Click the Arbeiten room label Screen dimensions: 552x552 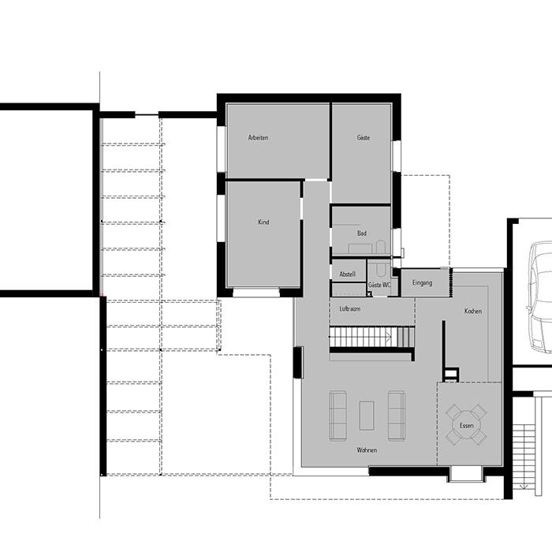point(258,138)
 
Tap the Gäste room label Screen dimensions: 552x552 point(364,138)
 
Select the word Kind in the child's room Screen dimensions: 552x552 point(263,222)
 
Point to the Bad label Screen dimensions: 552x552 point(361,233)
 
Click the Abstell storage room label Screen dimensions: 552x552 point(347,274)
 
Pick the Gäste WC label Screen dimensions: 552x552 point(379,285)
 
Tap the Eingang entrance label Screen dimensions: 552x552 point(422,282)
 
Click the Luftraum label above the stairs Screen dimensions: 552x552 point(349,309)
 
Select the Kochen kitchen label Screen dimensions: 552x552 point(473,311)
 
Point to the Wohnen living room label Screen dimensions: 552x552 point(367,450)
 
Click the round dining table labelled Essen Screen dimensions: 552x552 point(466,425)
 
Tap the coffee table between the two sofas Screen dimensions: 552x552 point(367,416)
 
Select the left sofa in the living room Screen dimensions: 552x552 point(338,416)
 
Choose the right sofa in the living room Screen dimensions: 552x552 point(397,416)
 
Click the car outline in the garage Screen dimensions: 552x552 point(539,297)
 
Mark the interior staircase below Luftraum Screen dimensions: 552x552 point(371,337)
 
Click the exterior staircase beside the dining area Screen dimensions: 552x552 point(524,457)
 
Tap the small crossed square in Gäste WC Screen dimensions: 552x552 point(369,293)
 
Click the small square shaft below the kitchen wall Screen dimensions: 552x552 point(450,375)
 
